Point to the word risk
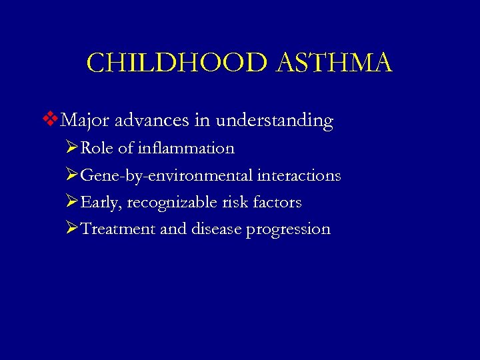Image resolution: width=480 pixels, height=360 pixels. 227,202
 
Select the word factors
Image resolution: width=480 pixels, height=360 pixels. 275,202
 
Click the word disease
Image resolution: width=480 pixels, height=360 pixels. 215,229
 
